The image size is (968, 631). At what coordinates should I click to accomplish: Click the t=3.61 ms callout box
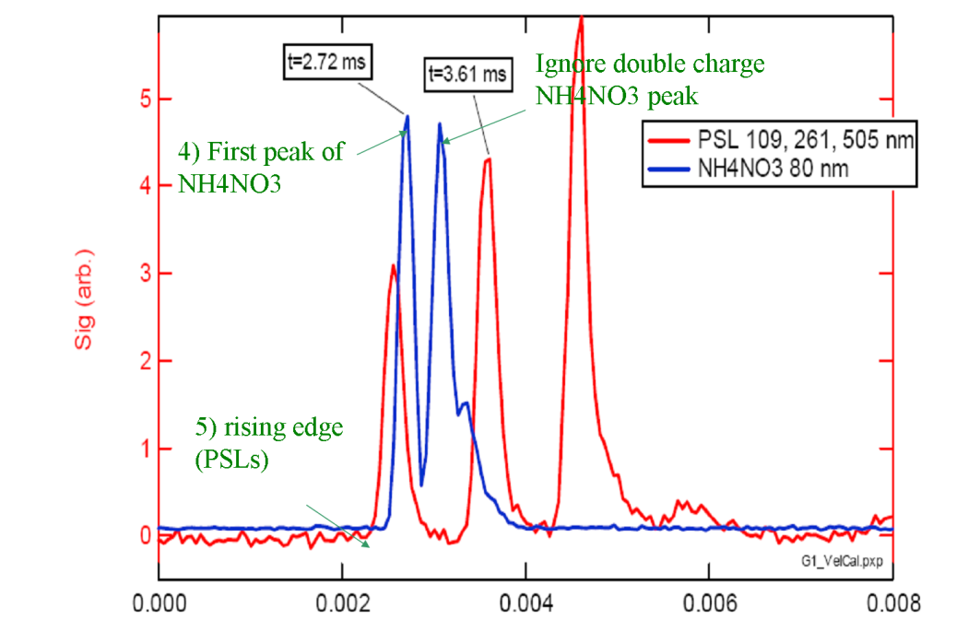(x=468, y=75)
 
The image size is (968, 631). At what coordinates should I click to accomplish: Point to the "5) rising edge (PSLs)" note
(x=256, y=442)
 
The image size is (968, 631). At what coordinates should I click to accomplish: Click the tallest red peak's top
(x=580, y=18)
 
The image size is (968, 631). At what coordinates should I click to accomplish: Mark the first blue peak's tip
(x=407, y=116)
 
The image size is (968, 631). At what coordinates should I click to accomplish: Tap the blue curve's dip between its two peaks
(x=421, y=485)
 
